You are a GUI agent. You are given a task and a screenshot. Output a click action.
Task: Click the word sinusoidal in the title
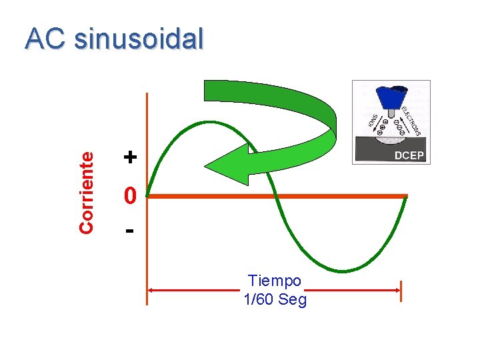point(139,39)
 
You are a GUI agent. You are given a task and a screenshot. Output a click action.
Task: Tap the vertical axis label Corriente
point(86,191)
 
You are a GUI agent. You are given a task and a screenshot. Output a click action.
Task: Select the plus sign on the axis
point(131,157)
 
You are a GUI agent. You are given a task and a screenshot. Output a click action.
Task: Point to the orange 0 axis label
point(131,195)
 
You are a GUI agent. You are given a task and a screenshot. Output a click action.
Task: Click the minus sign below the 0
point(130,231)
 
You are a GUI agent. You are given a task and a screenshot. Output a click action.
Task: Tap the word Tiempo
point(274,281)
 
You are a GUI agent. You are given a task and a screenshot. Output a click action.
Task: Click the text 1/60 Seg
point(275,300)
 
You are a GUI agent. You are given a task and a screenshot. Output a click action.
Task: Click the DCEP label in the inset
point(409,155)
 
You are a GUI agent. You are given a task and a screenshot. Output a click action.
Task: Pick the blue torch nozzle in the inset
point(391,97)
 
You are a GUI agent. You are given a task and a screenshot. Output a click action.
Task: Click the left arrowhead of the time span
point(150,290)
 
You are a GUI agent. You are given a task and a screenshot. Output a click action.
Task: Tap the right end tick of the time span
point(401,291)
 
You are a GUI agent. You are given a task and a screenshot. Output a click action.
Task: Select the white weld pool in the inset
point(391,139)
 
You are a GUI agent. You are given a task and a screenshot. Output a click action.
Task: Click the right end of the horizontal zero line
point(405,195)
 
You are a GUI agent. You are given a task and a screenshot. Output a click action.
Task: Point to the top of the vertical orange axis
point(147,95)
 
